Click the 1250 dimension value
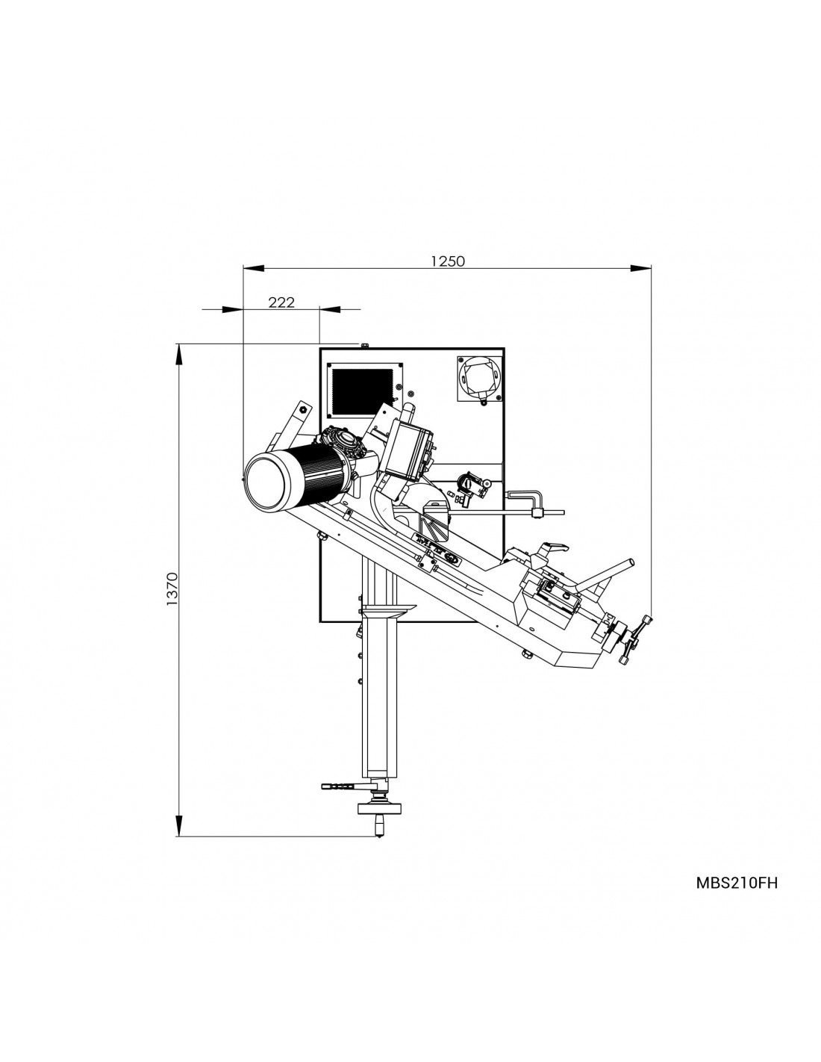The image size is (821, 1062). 447,261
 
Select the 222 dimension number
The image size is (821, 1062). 282,302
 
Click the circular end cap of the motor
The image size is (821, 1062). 266,482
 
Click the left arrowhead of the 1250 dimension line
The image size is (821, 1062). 254,267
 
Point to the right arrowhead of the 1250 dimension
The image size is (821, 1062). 641,267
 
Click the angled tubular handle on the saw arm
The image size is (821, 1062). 605,574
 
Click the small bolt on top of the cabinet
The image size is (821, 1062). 364,346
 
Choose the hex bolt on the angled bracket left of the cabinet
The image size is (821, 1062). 304,409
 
